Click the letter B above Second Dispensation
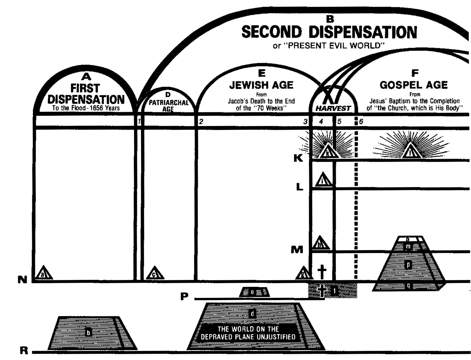[x=330, y=20]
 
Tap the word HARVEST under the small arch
[x=333, y=108]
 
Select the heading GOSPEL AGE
[x=413, y=85]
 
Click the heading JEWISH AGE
[x=261, y=85]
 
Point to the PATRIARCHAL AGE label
[x=168, y=105]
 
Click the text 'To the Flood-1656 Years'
[x=86, y=108]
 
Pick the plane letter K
[x=298, y=158]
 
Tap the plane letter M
[x=297, y=249]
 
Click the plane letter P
[x=184, y=297]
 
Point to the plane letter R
[x=24, y=351]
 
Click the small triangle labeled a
[x=44, y=273]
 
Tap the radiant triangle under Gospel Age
[x=411, y=151]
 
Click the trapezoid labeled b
[x=89, y=333]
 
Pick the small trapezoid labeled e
[x=254, y=292]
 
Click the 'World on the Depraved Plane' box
[x=248, y=333]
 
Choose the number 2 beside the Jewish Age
[x=201, y=122]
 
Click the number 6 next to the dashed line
[x=361, y=122]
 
